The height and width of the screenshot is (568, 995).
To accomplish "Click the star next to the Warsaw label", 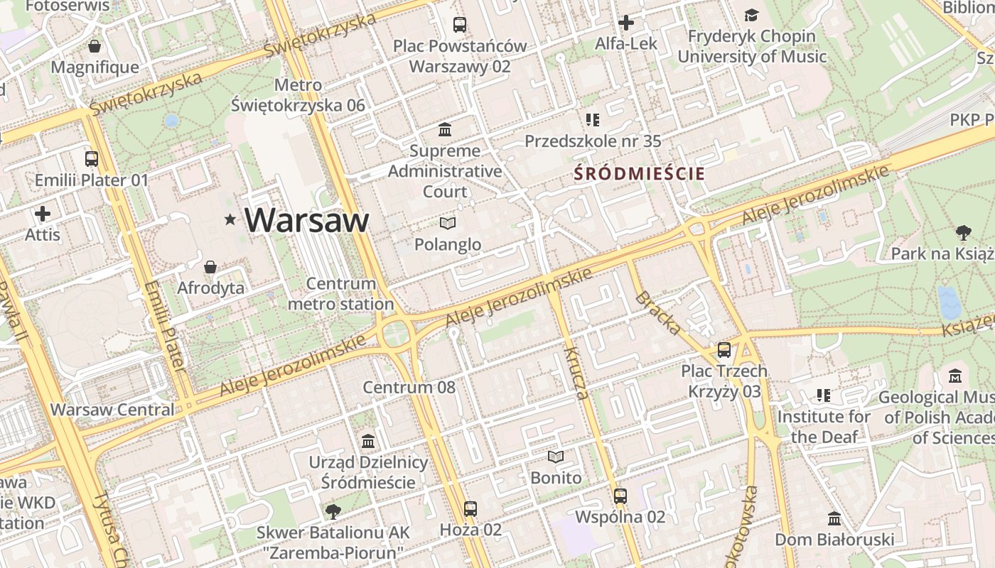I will pyautogui.click(x=230, y=220).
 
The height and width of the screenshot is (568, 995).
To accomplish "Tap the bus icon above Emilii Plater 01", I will pyautogui.click(x=92, y=159).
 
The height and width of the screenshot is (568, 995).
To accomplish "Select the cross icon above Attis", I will pyautogui.click(x=43, y=213).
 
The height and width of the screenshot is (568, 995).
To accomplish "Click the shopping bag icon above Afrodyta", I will pyautogui.click(x=210, y=268).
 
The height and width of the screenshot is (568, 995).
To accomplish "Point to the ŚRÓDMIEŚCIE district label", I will pyautogui.click(x=640, y=173).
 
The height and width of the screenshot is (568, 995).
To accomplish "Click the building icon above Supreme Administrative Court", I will pyautogui.click(x=446, y=130).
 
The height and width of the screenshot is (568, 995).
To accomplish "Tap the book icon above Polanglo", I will pyautogui.click(x=448, y=224).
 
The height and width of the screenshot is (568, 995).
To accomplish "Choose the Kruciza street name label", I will pyautogui.click(x=576, y=373).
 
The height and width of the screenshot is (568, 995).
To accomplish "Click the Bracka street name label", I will pyautogui.click(x=658, y=313).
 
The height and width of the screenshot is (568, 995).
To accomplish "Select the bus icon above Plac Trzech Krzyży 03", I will pyautogui.click(x=724, y=350).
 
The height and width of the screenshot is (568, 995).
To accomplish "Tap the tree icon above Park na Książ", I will pyautogui.click(x=963, y=232).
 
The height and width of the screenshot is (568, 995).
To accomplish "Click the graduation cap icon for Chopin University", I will pyautogui.click(x=751, y=15).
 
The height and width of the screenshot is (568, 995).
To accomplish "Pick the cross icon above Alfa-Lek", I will pyautogui.click(x=625, y=23).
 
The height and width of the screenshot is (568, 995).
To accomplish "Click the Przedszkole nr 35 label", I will pyautogui.click(x=593, y=141).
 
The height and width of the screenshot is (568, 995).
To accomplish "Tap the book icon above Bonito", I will pyautogui.click(x=556, y=457).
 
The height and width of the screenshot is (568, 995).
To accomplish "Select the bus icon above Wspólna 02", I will pyautogui.click(x=620, y=496).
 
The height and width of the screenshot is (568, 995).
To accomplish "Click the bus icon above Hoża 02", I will pyautogui.click(x=470, y=508).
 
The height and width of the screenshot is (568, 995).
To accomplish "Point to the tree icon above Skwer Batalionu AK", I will pyautogui.click(x=332, y=511).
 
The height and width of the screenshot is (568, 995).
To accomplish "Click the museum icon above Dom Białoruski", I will pyautogui.click(x=834, y=518).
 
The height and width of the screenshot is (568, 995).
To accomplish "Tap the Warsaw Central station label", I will pyautogui.click(x=112, y=410).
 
